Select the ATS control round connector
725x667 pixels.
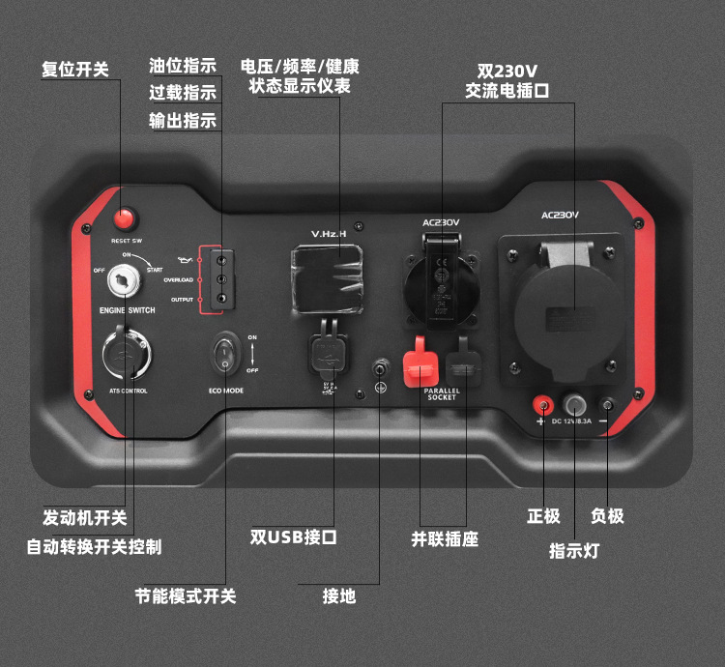[x=126, y=353]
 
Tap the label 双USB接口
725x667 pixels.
[x=293, y=536]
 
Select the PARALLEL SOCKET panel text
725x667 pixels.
[x=442, y=392]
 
